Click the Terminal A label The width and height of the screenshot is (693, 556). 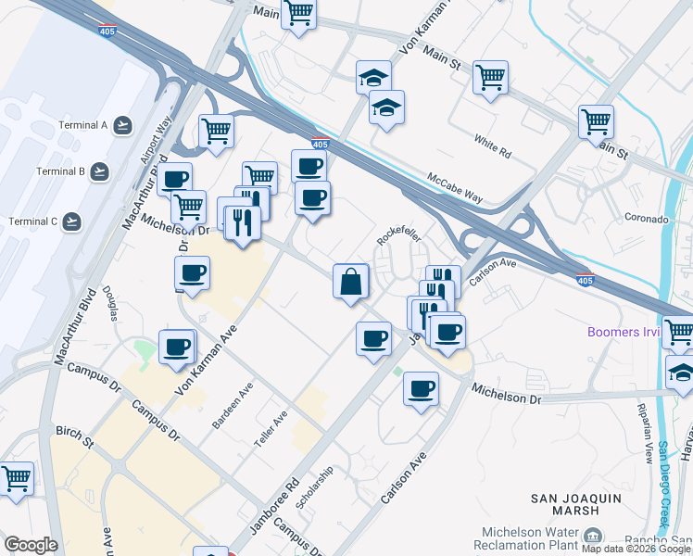pyautogui.click(x=85, y=124)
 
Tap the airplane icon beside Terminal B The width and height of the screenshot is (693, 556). pyautogui.click(x=99, y=171)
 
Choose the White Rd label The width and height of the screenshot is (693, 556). pyautogui.click(x=492, y=145)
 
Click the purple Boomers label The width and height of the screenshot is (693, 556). pyautogui.click(x=624, y=332)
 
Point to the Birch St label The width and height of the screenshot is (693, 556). pyautogui.click(x=75, y=436)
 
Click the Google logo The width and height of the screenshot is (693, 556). pyautogui.click(x=31, y=545)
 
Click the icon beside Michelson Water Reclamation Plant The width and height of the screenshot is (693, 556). pyautogui.click(x=590, y=537)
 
